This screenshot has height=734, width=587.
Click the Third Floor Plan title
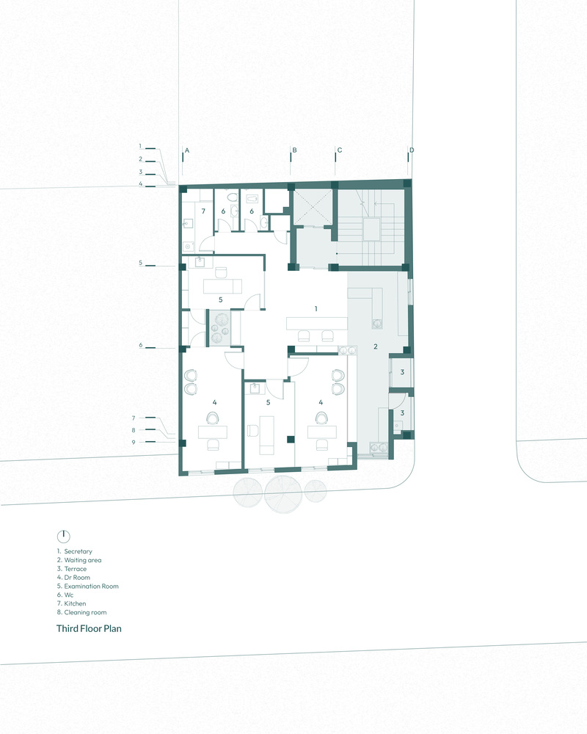coord(89,629)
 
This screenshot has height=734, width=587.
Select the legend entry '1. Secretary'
coord(74,551)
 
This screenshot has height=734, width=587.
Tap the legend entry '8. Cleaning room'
coord(82,612)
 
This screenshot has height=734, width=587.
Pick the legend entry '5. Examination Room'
coord(88,586)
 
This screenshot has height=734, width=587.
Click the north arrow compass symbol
coord(63,536)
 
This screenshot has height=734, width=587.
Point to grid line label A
coord(187,150)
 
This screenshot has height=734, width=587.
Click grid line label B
coord(294,150)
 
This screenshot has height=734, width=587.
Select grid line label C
coord(340,150)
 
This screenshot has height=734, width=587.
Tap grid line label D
coord(412,150)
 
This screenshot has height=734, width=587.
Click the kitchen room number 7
coord(203,211)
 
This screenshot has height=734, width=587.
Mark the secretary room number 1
coord(316,308)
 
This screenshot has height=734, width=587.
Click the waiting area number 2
coord(376,346)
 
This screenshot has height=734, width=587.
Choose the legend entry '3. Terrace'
coord(72,569)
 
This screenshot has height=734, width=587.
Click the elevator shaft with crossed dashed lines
coord(313,206)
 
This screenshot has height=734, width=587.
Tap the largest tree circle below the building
coord(282,493)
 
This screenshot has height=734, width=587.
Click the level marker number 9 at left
coord(134,442)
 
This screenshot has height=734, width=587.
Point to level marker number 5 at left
coord(140,263)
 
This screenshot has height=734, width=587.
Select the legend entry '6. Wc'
coord(65,595)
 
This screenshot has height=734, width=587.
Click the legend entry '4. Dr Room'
coord(73,578)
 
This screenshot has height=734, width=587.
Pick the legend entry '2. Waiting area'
coord(79,560)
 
